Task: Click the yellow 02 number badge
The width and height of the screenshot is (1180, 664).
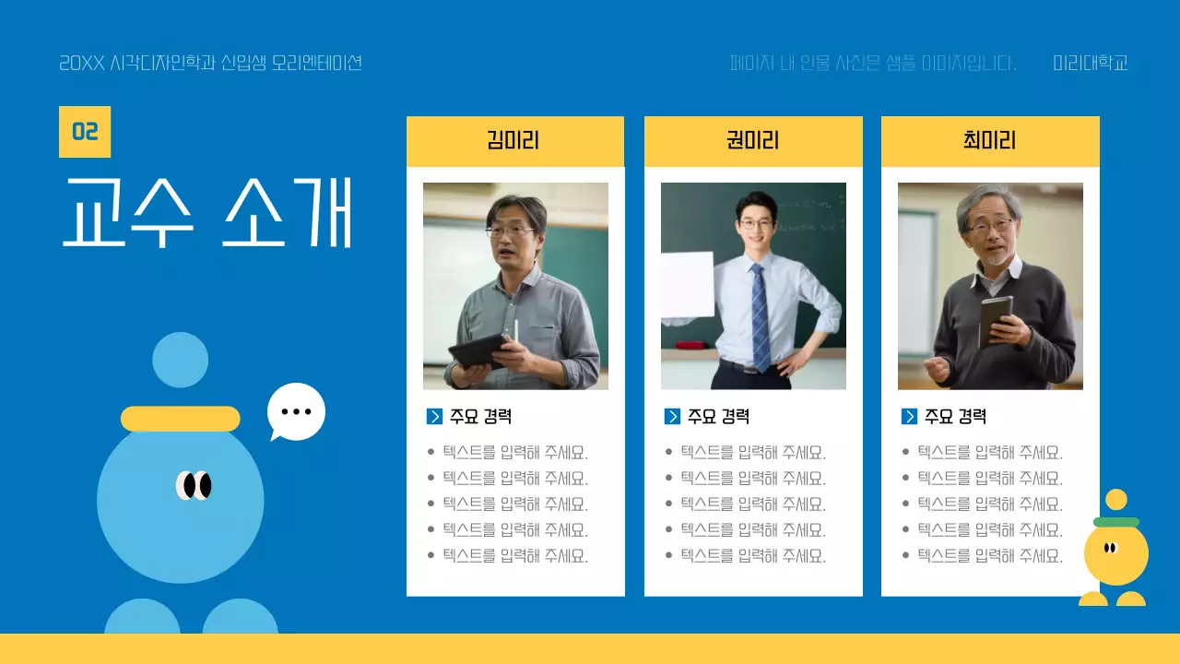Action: [x=85, y=132]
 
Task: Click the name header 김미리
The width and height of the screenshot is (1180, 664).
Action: [x=513, y=141]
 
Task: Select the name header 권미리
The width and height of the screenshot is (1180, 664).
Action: [x=752, y=141]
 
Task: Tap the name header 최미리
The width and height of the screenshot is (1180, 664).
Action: [x=989, y=141]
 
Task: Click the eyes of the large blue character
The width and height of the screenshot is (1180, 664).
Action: [x=195, y=485]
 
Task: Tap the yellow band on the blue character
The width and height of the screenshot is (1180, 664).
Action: [x=180, y=419]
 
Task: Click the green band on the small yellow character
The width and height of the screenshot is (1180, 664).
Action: [x=1115, y=522]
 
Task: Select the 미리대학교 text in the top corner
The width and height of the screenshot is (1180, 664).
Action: [x=1091, y=64]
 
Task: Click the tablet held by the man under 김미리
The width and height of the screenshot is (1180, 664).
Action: [x=478, y=350]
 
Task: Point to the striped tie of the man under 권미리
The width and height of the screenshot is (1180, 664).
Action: [x=760, y=314]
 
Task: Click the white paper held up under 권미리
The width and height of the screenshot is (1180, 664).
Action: [x=687, y=284]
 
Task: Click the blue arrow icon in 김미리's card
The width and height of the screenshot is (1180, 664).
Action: [x=435, y=417]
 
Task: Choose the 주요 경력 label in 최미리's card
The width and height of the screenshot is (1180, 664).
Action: [x=955, y=417]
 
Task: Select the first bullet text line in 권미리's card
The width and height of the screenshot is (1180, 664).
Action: [x=752, y=453]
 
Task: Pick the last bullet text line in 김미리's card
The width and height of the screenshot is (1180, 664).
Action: [x=514, y=556]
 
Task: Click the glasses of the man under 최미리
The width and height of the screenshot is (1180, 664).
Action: [x=991, y=224]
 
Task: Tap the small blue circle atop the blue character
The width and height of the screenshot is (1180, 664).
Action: [x=180, y=360]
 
